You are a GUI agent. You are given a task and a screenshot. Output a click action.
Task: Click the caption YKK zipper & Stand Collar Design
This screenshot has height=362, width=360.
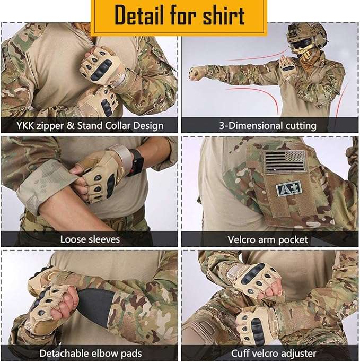pyautogui.click(x=89, y=126)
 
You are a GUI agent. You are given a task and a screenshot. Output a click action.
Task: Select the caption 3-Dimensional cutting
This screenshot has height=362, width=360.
pyautogui.click(x=268, y=126)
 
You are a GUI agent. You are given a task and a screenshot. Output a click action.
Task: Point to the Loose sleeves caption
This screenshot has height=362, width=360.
pyautogui.click(x=90, y=239)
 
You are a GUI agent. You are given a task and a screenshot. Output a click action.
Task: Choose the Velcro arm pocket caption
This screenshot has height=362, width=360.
pyautogui.click(x=268, y=239)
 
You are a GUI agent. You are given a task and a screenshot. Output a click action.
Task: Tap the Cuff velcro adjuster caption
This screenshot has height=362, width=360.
pyautogui.click(x=274, y=353)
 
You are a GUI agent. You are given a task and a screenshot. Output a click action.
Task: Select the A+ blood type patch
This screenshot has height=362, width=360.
pyautogui.click(x=289, y=188)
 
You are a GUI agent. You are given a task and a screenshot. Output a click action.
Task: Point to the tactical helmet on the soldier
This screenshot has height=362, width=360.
pyautogui.click(x=306, y=33)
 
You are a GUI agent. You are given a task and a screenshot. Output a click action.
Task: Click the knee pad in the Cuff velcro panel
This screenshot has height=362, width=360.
pyautogui.click(x=207, y=332)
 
